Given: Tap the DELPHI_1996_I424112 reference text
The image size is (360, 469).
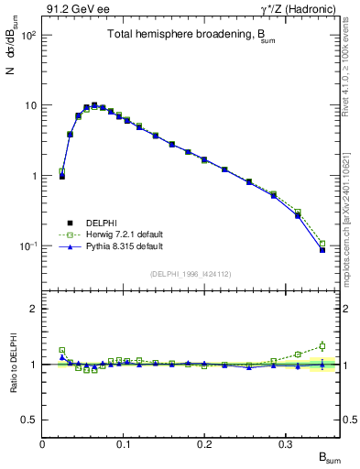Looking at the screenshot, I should pyautogui.click(x=191, y=274).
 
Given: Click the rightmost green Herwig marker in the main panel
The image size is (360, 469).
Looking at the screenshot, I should pyautogui.click(x=322, y=244).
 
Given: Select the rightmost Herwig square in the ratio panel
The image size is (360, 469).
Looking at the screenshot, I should pyautogui.click(x=322, y=346).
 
